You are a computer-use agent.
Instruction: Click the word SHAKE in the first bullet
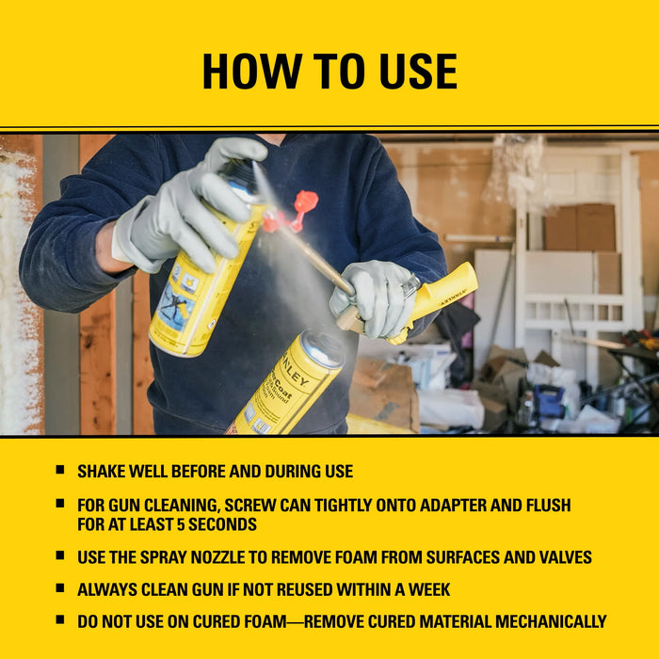pyautogui.click(x=104, y=471)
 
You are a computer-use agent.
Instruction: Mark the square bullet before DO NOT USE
pyautogui.click(x=60, y=620)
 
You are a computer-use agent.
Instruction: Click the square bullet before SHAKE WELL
pyautogui.click(x=60, y=470)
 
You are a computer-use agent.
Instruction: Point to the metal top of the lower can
pyautogui.click(x=321, y=348)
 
